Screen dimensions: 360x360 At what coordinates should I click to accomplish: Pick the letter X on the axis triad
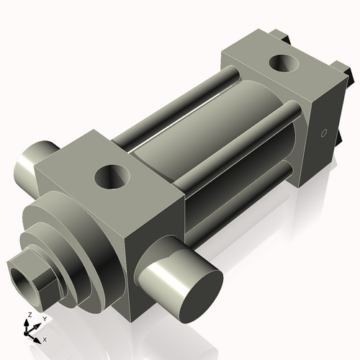(x=45, y=338)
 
